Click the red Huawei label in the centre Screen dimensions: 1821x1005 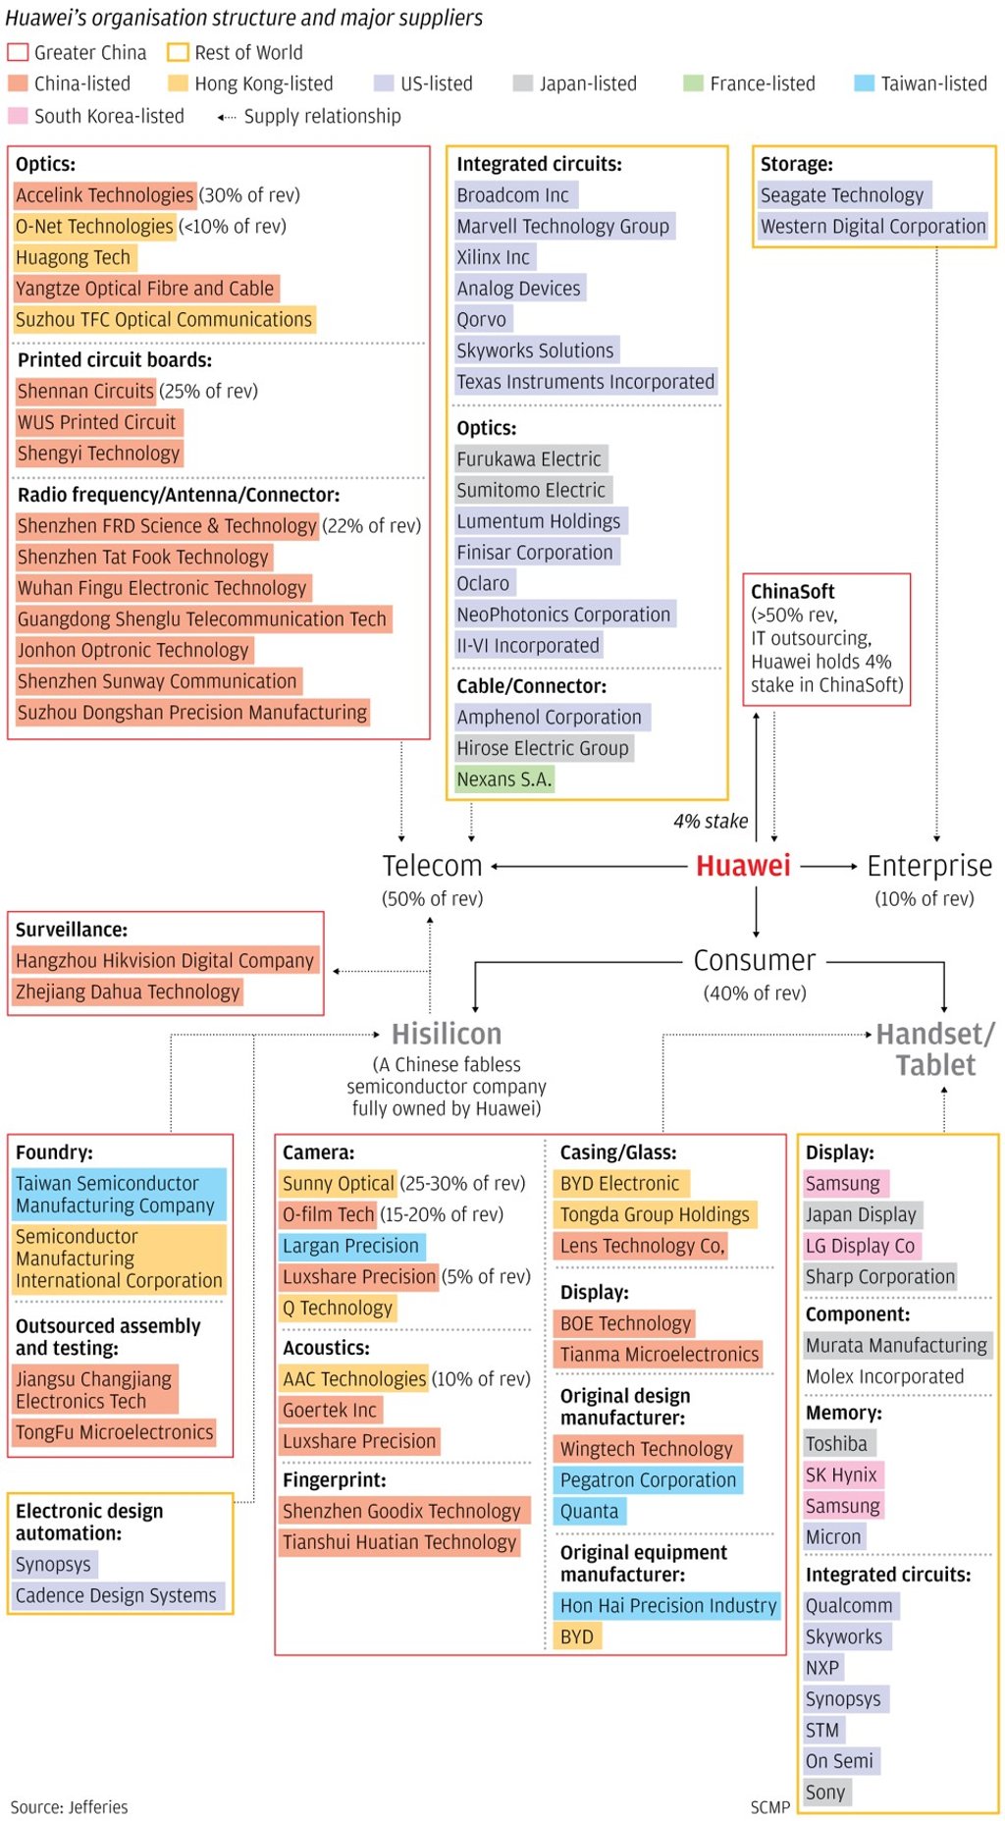[743, 866]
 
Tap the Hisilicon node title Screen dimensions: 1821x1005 [447, 1034]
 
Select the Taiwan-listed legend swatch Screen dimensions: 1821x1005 [864, 83]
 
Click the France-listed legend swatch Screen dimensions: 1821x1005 [693, 83]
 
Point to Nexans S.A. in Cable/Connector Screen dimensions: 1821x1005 [504, 779]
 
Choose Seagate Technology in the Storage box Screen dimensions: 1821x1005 [842, 195]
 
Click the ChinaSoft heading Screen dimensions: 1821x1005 [793, 591]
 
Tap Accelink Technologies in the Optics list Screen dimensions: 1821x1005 [105, 195]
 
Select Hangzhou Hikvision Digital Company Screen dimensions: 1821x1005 [165, 960]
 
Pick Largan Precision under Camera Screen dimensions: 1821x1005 [350, 1246]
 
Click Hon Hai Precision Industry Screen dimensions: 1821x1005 [668, 1606]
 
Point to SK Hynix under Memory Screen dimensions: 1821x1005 [841, 1474]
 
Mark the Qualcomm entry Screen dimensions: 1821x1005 [849, 1606]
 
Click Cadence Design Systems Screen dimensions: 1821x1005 [116, 1596]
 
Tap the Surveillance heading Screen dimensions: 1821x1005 [72, 930]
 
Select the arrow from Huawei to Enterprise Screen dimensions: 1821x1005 [829, 867]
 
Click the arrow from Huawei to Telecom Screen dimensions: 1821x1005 [589, 867]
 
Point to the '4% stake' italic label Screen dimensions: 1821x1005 [711, 822]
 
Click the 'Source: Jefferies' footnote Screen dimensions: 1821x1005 [69, 1807]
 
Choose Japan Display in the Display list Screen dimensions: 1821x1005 [861, 1214]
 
